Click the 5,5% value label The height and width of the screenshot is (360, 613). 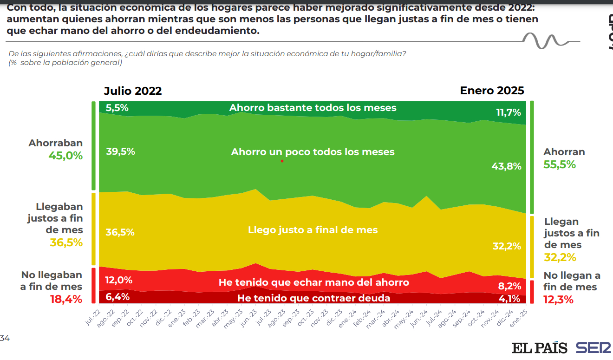(x=117, y=108)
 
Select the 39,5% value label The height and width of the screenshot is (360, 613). (x=120, y=151)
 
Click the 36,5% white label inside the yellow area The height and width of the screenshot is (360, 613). (x=120, y=232)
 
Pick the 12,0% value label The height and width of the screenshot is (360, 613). (x=119, y=280)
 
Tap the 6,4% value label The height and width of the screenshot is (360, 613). (x=117, y=296)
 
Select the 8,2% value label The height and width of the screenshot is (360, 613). (x=509, y=286)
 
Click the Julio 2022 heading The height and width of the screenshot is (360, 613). (x=133, y=91)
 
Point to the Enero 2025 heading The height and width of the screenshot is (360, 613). (x=492, y=91)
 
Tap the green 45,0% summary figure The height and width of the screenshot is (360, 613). (x=65, y=156)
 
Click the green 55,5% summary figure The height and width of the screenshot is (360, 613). (x=560, y=164)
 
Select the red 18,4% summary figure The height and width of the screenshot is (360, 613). (x=66, y=299)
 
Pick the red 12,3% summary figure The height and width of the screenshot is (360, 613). (x=559, y=300)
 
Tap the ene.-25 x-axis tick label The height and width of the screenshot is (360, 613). (x=521, y=319)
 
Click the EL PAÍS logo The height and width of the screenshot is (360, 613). (x=540, y=348)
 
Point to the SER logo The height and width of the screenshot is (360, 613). (x=593, y=348)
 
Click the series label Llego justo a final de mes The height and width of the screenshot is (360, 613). (x=313, y=230)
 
